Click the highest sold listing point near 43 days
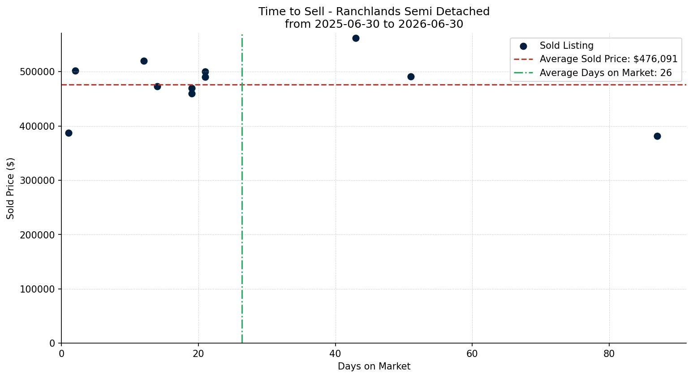coord(356,38)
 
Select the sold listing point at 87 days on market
coord(658,136)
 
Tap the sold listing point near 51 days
coord(411,77)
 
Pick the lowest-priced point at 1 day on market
coord(69,133)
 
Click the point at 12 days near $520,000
coord(144,61)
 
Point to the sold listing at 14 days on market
coord(158,87)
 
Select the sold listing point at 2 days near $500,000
coord(76,71)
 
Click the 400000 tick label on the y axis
coord(37,127)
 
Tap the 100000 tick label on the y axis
coord(37,289)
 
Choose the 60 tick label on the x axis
coord(473,354)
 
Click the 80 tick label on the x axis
coord(609,354)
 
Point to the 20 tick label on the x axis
coord(198,354)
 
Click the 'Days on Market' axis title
coord(374,366)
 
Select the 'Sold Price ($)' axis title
coord(10,189)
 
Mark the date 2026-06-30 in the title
coord(430,24)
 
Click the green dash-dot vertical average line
coord(242,189)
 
